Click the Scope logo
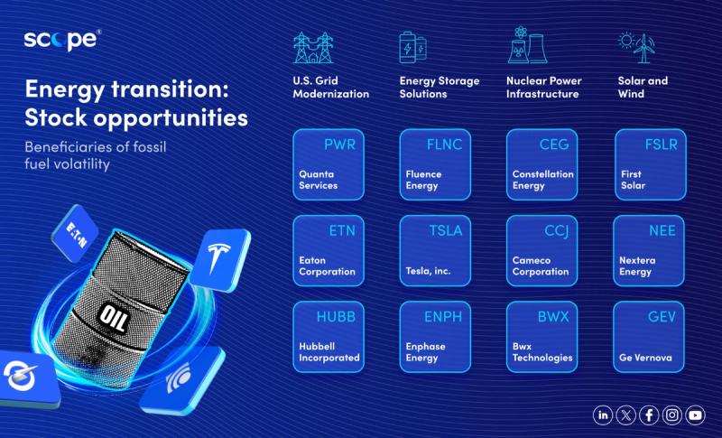62,40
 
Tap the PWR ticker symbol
340,144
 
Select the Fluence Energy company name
423,180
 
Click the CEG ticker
554,144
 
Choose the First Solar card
650,164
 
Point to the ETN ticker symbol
342,231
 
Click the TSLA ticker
445,231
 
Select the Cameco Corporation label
541,266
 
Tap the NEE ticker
662,231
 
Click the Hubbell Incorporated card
329,337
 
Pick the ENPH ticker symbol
443,317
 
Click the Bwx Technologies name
542,352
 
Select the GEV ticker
662,317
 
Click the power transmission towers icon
313,48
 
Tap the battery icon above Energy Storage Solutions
413,47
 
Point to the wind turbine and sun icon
636,48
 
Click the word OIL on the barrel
114,317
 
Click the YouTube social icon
695,415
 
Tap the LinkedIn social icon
603,415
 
